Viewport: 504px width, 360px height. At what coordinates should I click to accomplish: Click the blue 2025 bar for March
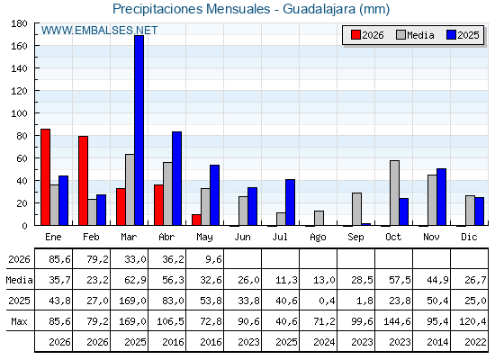coord(139,130)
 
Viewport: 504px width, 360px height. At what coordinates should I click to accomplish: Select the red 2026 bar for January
coord(45,177)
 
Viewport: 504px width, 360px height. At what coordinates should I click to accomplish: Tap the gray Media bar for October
coord(395,193)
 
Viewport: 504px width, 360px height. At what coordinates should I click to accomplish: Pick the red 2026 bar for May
coord(196,220)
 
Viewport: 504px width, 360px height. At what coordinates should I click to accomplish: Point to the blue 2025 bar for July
coord(290,202)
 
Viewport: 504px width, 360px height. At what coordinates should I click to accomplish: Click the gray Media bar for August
coord(319,218)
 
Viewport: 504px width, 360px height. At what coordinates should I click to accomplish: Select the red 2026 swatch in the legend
coord(355,35)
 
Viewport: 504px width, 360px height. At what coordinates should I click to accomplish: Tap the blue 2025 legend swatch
coord(451,35)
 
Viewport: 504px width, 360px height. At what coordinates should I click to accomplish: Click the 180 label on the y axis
coord(19,23)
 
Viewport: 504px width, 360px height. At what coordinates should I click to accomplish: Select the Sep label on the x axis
coord(355,238)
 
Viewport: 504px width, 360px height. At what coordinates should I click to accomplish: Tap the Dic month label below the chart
coord(469,237)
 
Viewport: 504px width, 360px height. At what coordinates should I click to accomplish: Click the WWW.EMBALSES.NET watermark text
coord(99,31)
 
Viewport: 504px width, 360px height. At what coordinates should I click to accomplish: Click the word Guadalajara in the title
coord(319,9)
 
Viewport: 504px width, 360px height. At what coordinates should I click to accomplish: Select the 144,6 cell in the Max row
coord(397,321)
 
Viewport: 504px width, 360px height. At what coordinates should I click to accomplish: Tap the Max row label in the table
coord(19,321)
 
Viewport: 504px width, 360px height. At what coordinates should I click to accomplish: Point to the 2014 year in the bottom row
coord(437,342)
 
